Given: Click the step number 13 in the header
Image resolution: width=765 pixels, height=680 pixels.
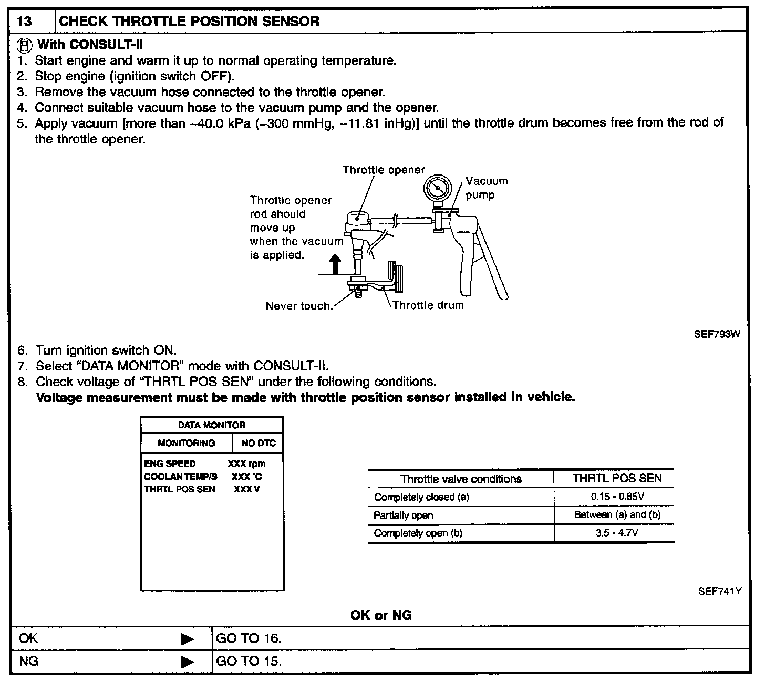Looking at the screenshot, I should tap(25, 22).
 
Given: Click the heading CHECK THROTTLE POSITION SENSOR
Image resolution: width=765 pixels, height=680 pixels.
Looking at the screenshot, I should tap(189, 22).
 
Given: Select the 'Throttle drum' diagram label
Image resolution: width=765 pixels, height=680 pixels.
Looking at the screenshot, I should tap(428, 305).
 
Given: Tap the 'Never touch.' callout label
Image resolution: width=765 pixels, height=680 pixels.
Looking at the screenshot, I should tap(299, 306).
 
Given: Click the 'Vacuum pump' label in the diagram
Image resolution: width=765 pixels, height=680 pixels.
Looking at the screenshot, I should tap(486, 188).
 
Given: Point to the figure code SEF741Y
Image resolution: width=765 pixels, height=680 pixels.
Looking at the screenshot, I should tap(719, 591).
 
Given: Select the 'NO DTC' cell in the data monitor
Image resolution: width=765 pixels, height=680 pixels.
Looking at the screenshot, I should tap(258, 443).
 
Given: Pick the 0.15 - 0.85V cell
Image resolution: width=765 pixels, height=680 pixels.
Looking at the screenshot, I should tap(614, 497).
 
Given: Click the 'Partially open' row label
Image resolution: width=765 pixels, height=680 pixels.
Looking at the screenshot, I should tap(404, 515).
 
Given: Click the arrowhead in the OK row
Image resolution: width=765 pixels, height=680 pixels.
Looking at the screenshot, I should tap(187, 639).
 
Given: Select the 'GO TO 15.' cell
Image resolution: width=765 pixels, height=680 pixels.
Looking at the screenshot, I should tap(249, 661).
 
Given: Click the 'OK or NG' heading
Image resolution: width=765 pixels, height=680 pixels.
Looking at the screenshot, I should tap(381, 615).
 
